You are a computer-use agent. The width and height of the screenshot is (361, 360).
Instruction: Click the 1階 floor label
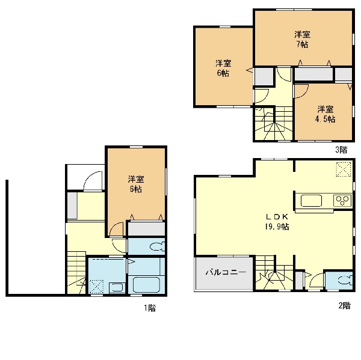tap(150, 308)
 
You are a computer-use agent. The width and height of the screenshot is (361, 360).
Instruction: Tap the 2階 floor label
tap(344, 305)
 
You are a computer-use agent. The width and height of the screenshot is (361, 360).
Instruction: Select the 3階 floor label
tap(341, 150)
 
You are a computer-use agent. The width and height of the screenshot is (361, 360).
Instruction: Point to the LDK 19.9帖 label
tap(277, 222)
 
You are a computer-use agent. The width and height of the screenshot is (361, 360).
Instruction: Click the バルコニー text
tap(226, 272)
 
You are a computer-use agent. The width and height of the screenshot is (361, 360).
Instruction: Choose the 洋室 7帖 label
tap(302, 39)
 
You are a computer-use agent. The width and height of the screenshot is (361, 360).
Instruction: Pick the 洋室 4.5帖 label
tap(326, 114)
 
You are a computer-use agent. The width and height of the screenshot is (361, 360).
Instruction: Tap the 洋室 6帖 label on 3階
tap(223, 68)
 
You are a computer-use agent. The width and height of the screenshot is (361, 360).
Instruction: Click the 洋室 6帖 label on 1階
tap(136, 184)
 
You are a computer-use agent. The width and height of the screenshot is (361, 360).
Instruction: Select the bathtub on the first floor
tap(146, 284)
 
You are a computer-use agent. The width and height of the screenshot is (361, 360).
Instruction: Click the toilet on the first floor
tap(158, 247)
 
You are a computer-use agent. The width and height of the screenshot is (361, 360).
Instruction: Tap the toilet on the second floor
tap(345, 280)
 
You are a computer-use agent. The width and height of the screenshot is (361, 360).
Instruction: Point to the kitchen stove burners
tap(342, 200)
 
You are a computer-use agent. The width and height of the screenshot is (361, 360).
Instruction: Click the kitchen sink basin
tap(311, 201)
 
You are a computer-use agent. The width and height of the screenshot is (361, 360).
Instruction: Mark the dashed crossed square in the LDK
tap(344, 169)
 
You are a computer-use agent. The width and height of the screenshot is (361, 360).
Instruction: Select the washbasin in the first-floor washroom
tap(117, 288)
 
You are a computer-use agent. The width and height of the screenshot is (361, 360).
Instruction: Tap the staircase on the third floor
tap(273, 123)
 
